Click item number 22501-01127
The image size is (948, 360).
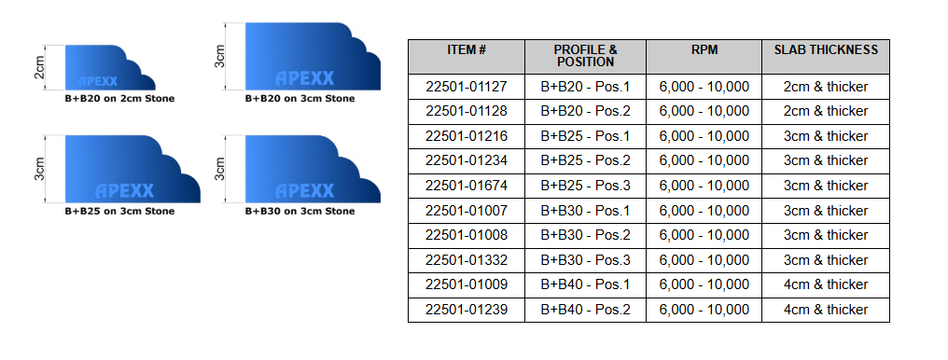tap(466, 87)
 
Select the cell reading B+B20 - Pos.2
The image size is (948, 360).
tap(586, 111)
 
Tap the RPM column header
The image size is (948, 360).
tap(704, 49)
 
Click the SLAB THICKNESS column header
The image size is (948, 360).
tap(826, 49)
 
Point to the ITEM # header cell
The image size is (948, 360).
tap(467, 49)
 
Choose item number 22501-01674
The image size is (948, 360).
tap(466, 186)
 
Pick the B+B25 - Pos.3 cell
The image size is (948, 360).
tap(586, 186)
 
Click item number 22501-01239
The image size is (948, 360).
tap(466, 310)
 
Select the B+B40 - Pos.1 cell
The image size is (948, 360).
tap(586, 284)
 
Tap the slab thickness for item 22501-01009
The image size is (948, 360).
tap(826, 284)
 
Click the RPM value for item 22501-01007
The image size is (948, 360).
tap(704, 211)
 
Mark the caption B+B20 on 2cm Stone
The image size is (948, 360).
tap(118, 98)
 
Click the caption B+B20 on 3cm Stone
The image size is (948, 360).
tap(300, 97)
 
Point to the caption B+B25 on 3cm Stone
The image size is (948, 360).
tap(118, 211)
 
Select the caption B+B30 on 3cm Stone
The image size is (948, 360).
tap(300, 211)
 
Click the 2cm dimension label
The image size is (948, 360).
tap(39, 68)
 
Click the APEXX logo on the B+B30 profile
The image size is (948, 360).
tap(304, 191)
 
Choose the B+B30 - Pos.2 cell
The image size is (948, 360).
tap(586, 235)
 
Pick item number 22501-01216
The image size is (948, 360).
tap(466, 136)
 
